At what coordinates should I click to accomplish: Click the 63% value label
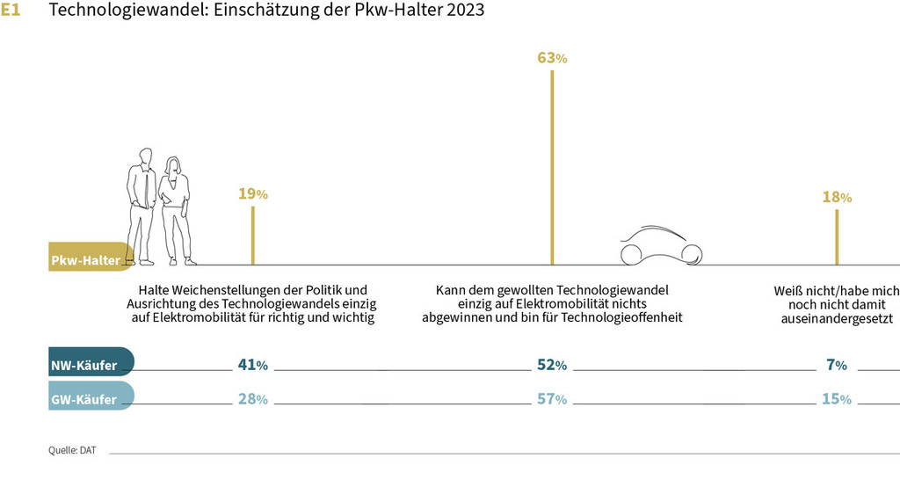click(552, 59)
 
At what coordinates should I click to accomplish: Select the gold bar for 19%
click(253, 236)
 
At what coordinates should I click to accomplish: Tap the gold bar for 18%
click(837, 237)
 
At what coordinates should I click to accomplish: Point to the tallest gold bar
click(552, 167)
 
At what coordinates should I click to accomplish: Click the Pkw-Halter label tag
click(86, 260)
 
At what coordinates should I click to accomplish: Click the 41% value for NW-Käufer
click(252, 365)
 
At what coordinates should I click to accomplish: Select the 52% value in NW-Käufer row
click(552, 365)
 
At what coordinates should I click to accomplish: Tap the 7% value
click(836, 365)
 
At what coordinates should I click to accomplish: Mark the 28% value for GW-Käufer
click(252, 399)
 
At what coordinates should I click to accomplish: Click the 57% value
click(552, 399)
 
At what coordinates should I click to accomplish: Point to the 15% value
click(836, 399)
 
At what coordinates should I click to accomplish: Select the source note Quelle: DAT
click(72, 450)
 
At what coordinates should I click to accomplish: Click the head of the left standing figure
click(144, 156)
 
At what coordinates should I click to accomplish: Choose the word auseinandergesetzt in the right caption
click(836, 320)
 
